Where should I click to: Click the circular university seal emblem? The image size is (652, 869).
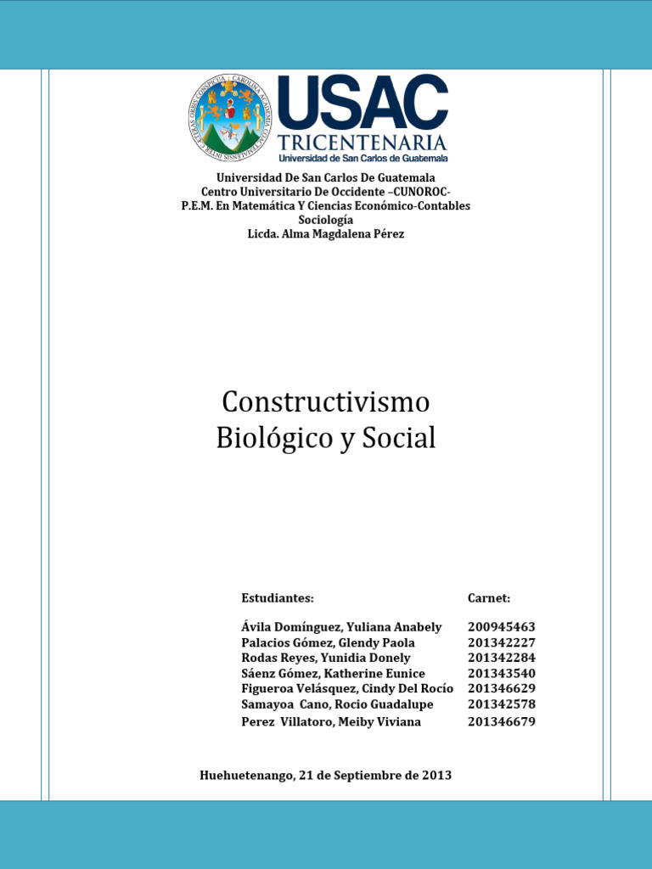tap(228, 118)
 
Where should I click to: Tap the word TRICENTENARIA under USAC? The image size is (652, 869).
tap(363, 141)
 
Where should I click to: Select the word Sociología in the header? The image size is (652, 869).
tap(325, 220)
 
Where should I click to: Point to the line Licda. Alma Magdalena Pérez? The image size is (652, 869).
tap(325, 234)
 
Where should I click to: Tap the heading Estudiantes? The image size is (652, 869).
tap(278, 598)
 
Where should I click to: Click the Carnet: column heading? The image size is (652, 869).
tap(489, 598)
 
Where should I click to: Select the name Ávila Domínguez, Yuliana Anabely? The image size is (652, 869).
tap(341, 627)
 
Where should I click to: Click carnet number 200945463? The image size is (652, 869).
tap(502, 627)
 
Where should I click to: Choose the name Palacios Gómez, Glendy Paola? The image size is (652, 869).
tap(328, 642)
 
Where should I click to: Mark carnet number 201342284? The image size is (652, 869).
tap(502, 658)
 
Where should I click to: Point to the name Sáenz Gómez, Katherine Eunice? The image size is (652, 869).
tap(333, 673)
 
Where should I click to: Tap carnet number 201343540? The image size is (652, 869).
tap(502, 673)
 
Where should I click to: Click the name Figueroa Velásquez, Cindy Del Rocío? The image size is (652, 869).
tap(347, 688)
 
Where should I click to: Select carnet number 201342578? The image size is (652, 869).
tap(502, 704)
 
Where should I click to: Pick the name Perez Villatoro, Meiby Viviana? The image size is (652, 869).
tap(331, 722)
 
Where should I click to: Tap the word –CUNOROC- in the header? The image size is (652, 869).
tap(419, 192)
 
